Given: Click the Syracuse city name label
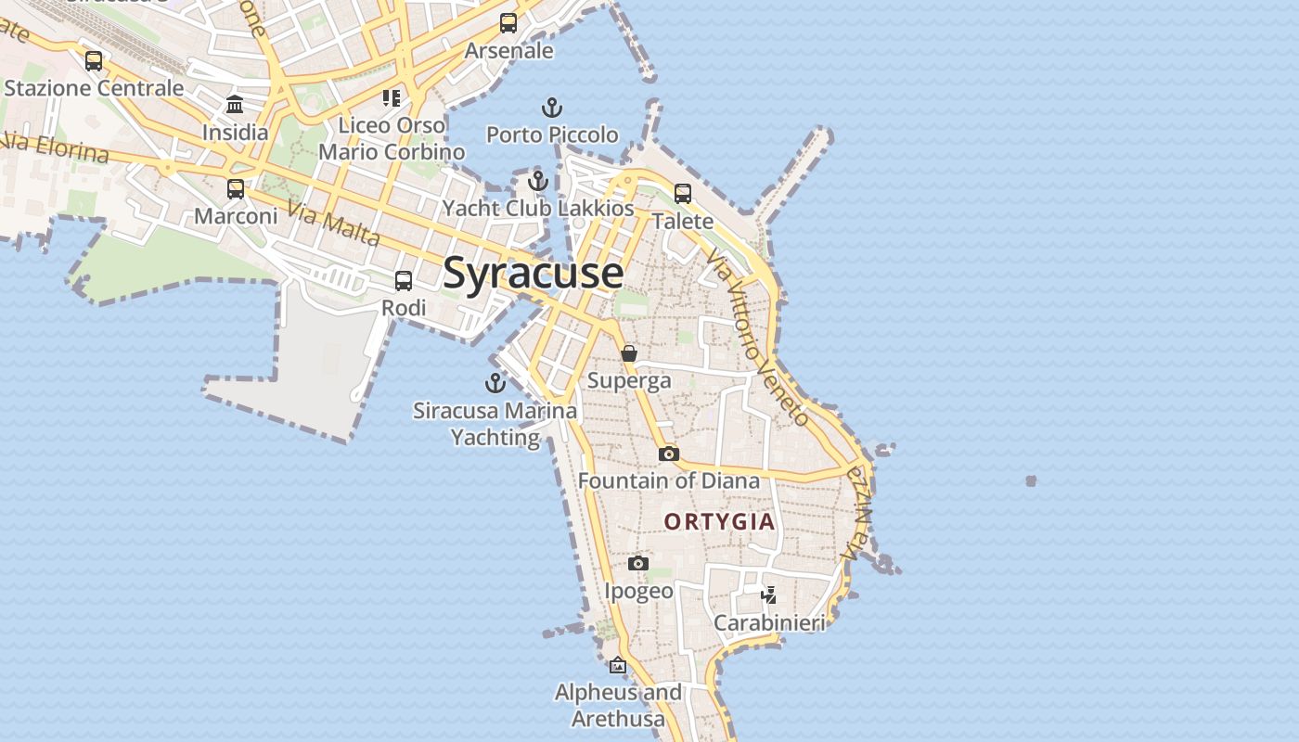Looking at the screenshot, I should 534,273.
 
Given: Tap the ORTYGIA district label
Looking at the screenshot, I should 719,521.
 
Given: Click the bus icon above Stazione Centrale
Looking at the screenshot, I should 94,61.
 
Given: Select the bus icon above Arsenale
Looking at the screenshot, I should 508,23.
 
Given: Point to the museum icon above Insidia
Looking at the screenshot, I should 235,104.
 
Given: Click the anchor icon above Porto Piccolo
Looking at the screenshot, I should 552,108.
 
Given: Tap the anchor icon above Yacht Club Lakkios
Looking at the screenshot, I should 538,180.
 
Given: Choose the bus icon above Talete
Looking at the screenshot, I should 683,194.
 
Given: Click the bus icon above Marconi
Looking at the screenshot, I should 236,189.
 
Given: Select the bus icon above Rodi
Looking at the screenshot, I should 404,280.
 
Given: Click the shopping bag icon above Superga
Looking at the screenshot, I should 629,353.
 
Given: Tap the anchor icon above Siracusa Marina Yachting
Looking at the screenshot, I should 495,382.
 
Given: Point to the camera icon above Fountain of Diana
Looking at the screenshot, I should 668,454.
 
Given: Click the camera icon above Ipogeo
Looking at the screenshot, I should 638,563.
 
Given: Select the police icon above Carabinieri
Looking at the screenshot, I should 768,595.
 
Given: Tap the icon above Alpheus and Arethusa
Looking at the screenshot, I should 618,665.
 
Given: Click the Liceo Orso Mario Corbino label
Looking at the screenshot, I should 392,138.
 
